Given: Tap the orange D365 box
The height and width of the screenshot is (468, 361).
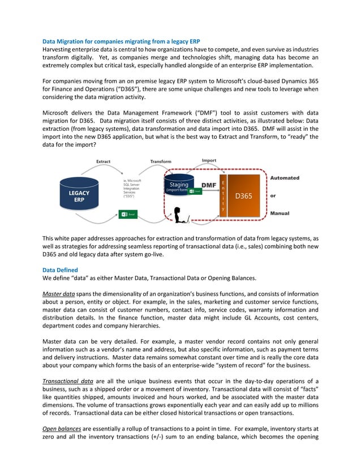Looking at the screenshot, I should point(243,196).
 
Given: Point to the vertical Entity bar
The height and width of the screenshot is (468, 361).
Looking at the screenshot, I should point(222,196).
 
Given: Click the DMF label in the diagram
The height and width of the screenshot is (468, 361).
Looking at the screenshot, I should point(209,185).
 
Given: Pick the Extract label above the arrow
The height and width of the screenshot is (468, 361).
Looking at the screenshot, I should point(103,161).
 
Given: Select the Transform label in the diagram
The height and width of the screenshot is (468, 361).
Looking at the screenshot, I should point(161,161).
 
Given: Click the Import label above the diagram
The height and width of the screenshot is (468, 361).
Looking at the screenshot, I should point(209,160).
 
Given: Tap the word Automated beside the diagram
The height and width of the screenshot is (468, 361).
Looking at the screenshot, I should point(285,178).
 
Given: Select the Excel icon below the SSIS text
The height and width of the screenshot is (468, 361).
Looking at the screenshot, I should point(128,214).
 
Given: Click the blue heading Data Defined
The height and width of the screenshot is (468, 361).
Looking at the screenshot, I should point(61,270).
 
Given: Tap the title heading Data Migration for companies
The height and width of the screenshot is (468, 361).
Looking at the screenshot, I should point(121,42).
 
